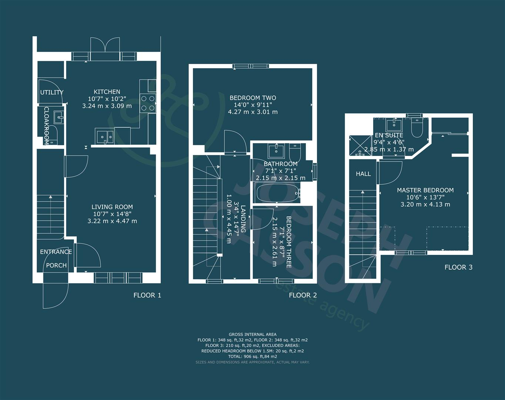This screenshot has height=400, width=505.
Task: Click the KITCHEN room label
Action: tap(107, 92)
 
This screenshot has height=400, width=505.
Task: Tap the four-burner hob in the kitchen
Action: tap(148, 103)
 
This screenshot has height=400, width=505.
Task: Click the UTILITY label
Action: tap(52, 92)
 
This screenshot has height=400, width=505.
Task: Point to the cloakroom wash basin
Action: tap(58, 117)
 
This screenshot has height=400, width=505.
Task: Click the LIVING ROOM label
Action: tap(112, 207)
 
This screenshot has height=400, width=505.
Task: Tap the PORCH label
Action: tap(56, 265)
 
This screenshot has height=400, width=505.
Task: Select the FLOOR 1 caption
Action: tap(147, 295)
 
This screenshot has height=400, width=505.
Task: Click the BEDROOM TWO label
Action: tap(253, 98)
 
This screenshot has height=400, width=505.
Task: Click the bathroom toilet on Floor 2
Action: tap(295, 152)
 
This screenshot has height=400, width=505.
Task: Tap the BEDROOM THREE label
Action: tap(289, 242)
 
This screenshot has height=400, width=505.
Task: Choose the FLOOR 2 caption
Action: tap(302, 295)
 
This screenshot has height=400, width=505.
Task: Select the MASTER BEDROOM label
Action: tap(425, 190)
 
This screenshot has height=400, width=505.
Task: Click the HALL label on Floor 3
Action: tap(363, 174)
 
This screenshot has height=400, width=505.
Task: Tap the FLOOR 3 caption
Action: tap(458, 267)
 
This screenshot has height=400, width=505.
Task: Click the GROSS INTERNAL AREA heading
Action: tap(252, 334)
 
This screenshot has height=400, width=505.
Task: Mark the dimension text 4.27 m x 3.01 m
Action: tap(253, 112)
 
